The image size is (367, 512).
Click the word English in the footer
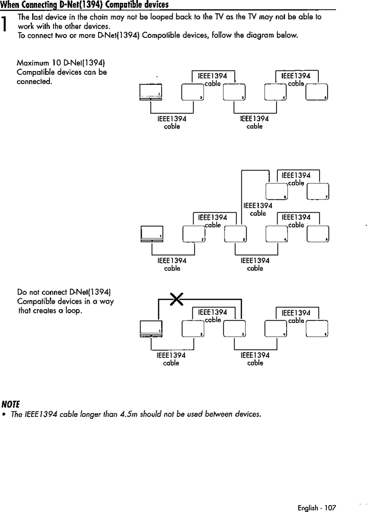pyautogui.click(x=308, y=508)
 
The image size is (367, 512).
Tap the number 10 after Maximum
pyautogui.click(x=57, y=63)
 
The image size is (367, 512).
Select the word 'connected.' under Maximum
pyautogui.click(x=35, y=81)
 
